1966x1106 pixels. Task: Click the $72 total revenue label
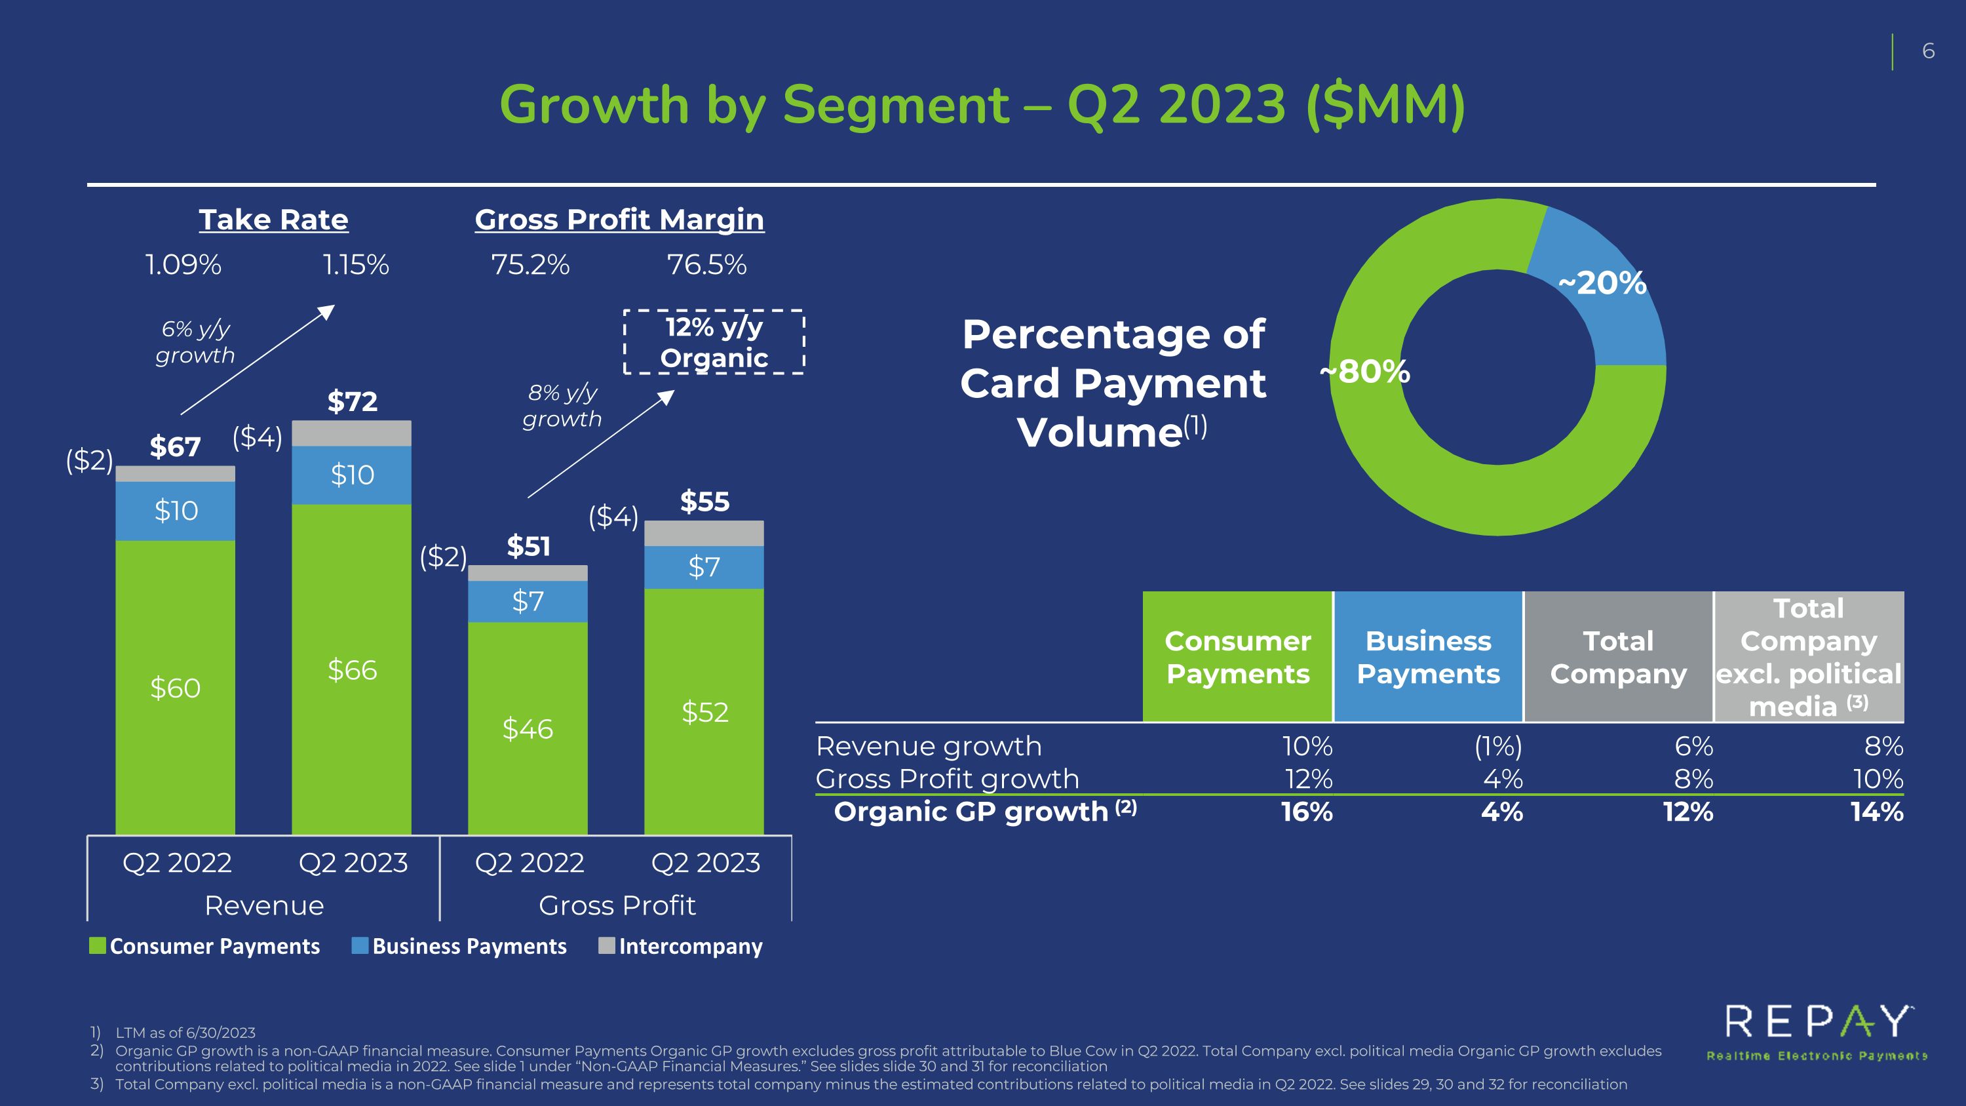[352, 401]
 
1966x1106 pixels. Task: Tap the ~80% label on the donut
[1364, 372]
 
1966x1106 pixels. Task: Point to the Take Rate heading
[273, 220]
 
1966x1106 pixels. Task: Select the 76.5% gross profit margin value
[706, 265]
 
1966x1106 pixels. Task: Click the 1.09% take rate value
[183, 265]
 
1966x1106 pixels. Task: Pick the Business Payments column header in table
[1428, 656]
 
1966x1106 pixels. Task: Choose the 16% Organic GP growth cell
[1307, 812]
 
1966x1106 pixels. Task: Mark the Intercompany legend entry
[681, 947]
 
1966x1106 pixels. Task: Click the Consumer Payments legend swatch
[97, 946]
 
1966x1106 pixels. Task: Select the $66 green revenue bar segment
[352, 669]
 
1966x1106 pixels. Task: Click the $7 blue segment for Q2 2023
[704, 567]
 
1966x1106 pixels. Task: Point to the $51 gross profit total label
[528, 547]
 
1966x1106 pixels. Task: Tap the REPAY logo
[1817, 1033]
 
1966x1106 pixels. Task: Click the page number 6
[1929, 51]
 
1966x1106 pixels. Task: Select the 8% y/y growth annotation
[562, 405]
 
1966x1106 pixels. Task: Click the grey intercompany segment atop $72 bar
[352, 433]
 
